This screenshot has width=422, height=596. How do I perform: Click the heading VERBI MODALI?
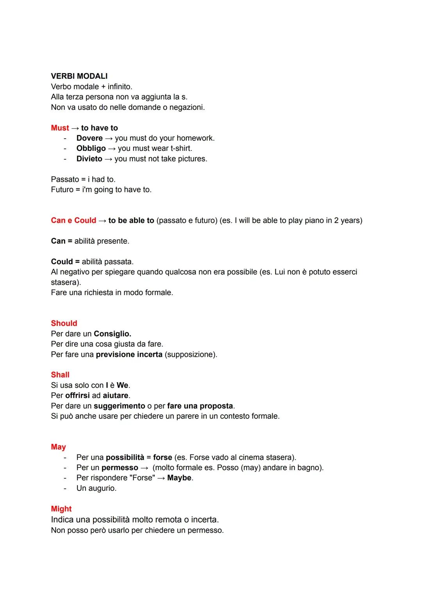pyautogui.click(x=79, y=76)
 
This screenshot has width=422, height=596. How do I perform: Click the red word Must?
pyautogui.click(x=60, y=128)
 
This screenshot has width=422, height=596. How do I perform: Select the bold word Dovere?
pyautogui.click(x=89, y=138)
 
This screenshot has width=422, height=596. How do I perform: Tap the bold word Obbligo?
pyautogui.click(x=91, y=149)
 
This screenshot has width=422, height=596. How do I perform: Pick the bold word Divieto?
pyautogui.click(x=89, y=159)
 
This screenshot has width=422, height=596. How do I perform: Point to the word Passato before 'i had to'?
pyautogui.click(x=65, y=179)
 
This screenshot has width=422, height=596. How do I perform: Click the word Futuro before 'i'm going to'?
pyautogui.click(x=62, y=190)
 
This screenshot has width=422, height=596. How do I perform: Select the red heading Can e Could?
pyautogui.click(x=73, y=220)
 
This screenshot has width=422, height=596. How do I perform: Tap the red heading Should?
pyautogui.click(x=64, y=323)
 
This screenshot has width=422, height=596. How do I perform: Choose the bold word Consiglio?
pyautogui.click(x=113, y=334)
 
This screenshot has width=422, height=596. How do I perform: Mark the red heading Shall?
pyautogui.click(x=60, y=375)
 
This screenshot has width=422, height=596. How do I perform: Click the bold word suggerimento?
pyautogui.click(x=119, y=406)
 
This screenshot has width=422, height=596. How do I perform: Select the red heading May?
pyautogui.click(x=58, y=447)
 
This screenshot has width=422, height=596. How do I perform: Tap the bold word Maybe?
pyautogui.click(x=179, y=478)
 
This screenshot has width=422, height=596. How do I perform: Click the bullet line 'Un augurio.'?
pyautogui.click(x=96, y=488)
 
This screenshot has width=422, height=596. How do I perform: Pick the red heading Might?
pyautogui.click(x=61, y=509)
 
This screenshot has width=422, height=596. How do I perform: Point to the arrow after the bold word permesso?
pyautogui.click(x=145, y=468)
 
